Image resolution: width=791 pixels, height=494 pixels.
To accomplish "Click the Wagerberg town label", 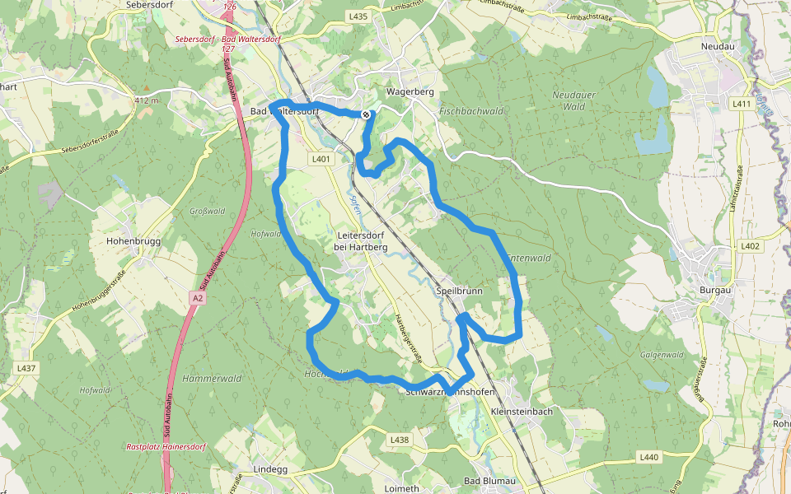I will (x=410, y=92).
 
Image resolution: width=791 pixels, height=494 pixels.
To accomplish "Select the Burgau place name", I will (x=714, y=291).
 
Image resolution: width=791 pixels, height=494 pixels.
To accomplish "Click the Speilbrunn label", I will (x=459, y=291).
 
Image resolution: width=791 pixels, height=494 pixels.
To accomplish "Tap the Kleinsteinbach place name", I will (x=521, y=411).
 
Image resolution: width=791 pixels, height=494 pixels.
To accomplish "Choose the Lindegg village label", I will (x=270, y=469).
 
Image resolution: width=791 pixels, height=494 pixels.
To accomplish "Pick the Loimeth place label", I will (x=402, y=488).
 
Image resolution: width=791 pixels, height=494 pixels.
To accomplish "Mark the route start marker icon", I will (x=366, y=114).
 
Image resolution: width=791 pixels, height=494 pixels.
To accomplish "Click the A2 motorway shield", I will (x=196, y=298).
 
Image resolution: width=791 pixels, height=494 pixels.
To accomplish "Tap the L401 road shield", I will (x=321, y=159).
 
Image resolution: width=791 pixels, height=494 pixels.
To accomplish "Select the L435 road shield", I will (x=358, y=16).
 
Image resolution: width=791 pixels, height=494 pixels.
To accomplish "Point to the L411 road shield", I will (x=741, y=104).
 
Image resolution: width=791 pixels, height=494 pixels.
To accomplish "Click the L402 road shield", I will (x=750, y=246).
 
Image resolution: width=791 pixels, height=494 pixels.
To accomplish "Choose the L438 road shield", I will (x=399, y=440).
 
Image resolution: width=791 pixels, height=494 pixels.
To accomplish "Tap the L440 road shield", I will (x=648, y=457).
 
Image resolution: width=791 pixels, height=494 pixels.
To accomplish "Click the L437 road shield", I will (x=26, y=368).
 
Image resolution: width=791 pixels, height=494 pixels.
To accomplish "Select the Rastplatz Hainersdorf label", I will (x=165, y=447).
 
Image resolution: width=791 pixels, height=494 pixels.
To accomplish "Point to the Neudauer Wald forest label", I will (x=569, y=100).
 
